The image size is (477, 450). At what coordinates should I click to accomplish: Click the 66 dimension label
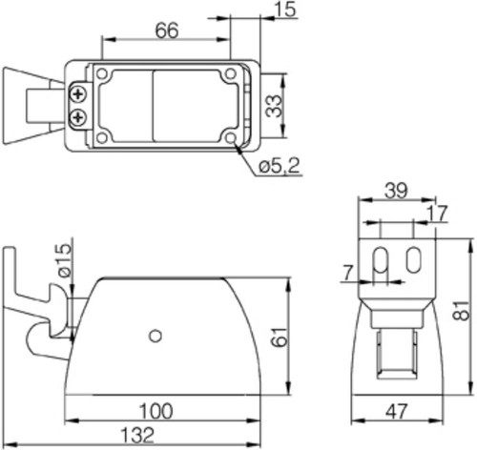pos(167,31)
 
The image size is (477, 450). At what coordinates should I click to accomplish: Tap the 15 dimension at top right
pos(286,10)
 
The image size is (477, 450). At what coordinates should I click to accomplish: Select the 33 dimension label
pos(274,106)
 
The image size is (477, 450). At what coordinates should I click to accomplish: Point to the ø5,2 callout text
pos(280,166)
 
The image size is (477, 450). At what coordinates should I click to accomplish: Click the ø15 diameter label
pos(65,260)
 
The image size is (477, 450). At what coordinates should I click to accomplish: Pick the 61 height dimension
pos(280,337)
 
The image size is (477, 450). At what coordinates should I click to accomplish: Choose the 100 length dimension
pos(156,411)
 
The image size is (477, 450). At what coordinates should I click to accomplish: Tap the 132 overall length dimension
pos(137,435)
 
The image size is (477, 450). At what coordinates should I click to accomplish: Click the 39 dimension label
pos(396,191)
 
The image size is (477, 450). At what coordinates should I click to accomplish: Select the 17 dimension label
pos(437,214)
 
